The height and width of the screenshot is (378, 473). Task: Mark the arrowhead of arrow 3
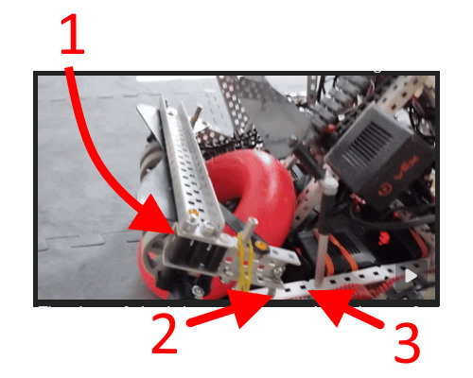(312, 295)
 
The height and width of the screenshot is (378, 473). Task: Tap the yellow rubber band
(247, 260)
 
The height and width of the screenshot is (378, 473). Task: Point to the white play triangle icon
(410, 276)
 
